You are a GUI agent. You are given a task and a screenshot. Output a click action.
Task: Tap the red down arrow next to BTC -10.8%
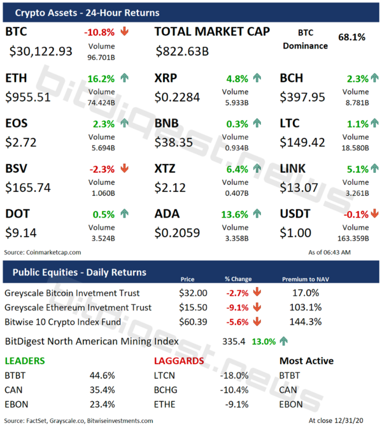pos(124,31)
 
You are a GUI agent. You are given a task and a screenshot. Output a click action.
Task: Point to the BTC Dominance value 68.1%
pos(351,37)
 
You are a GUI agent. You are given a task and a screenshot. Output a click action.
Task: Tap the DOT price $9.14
pos(21,233)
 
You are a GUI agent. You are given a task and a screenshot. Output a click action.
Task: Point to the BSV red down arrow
pos(124,169)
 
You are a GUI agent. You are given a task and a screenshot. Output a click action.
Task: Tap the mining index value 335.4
pos(234,341)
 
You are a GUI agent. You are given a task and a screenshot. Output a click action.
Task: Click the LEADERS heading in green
pos(25,360)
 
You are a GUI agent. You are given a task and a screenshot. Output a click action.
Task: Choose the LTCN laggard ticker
pos(166,375)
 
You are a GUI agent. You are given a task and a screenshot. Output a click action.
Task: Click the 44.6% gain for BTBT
pos(103,375)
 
